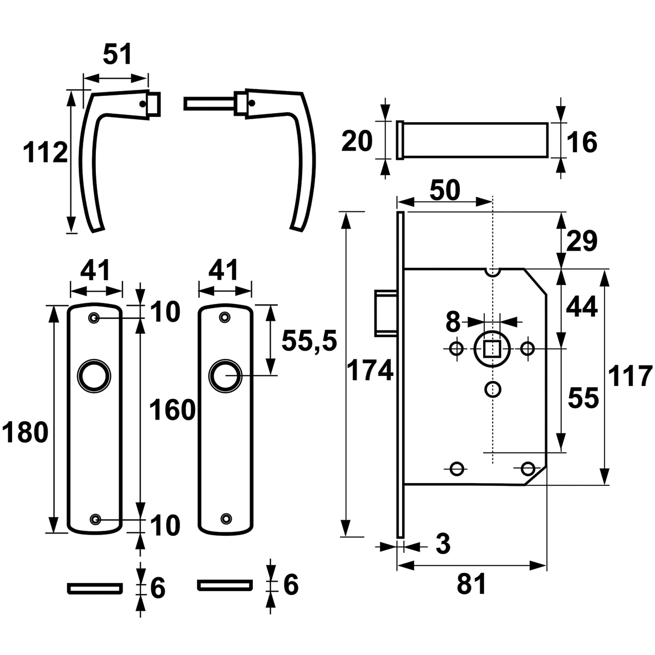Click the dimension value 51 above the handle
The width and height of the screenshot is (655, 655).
tap(118, 55)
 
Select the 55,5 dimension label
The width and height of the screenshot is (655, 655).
tap(309, 341)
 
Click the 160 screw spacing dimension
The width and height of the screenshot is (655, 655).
tap(172, 410)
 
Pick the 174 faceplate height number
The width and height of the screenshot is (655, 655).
tap(370, 370)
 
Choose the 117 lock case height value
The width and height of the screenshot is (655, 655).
tap(631, 375)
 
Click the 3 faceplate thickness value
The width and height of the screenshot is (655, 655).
tap(443, 544)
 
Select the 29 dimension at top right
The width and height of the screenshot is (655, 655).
tap(582, 241)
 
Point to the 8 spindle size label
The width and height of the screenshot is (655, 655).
tap(453, 322)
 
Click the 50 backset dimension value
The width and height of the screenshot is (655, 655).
tap(445, 190)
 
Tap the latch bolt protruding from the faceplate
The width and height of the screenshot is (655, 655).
tap(385, 312)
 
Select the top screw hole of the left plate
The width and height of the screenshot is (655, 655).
tap(94, 318)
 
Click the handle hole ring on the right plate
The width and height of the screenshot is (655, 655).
tap(226, 375)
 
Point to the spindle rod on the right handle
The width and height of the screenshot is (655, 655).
tap(209, 103)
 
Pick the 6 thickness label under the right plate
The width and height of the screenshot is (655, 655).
tap(291, 585)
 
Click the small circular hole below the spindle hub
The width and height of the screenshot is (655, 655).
tap(493, 389)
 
